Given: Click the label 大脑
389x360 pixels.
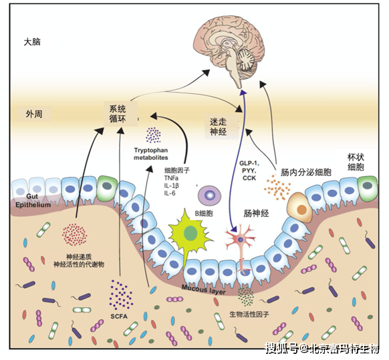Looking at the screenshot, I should tap(33, 41).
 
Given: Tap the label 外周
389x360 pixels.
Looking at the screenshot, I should tap(34, 113).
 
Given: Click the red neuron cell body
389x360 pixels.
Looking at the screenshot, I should tap(238, 238).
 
